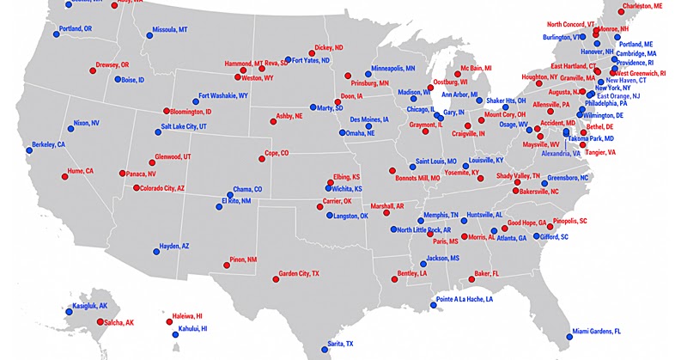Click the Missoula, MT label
170,30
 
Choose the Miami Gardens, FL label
601,331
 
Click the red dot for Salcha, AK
92,322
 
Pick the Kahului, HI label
193,329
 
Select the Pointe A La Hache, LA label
465,300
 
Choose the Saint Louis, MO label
435,162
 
